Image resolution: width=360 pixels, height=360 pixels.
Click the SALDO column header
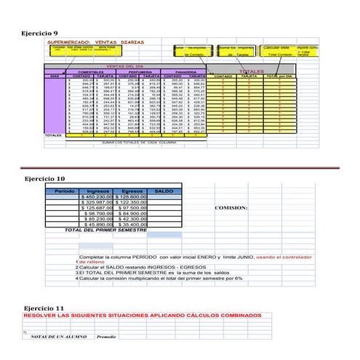click(x=164, y=191)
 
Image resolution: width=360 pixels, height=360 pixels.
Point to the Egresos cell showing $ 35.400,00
click(x=129, y=225)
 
